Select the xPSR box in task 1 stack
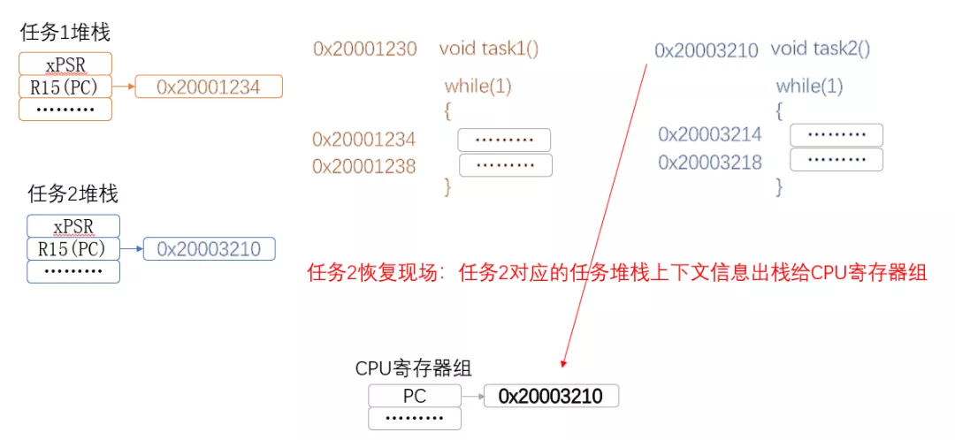[65, 64]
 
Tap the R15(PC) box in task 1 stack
[65, 87]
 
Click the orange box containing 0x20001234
[209, 87]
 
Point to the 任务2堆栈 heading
[73, 193]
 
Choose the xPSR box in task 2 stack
[73, 226]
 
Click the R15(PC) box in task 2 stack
[73, 249]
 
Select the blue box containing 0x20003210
[209, 249]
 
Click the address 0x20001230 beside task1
[364, 49]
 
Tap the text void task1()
[488, 49]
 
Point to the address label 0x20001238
[363, 166]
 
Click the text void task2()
[821, 49]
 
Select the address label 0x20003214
[709, 134]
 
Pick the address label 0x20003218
[709, 163]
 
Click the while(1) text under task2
[809, 87]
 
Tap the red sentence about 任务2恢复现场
[616, 272]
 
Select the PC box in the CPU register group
[415, 396]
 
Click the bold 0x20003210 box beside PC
[551, 396]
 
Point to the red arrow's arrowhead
[562, 363]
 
